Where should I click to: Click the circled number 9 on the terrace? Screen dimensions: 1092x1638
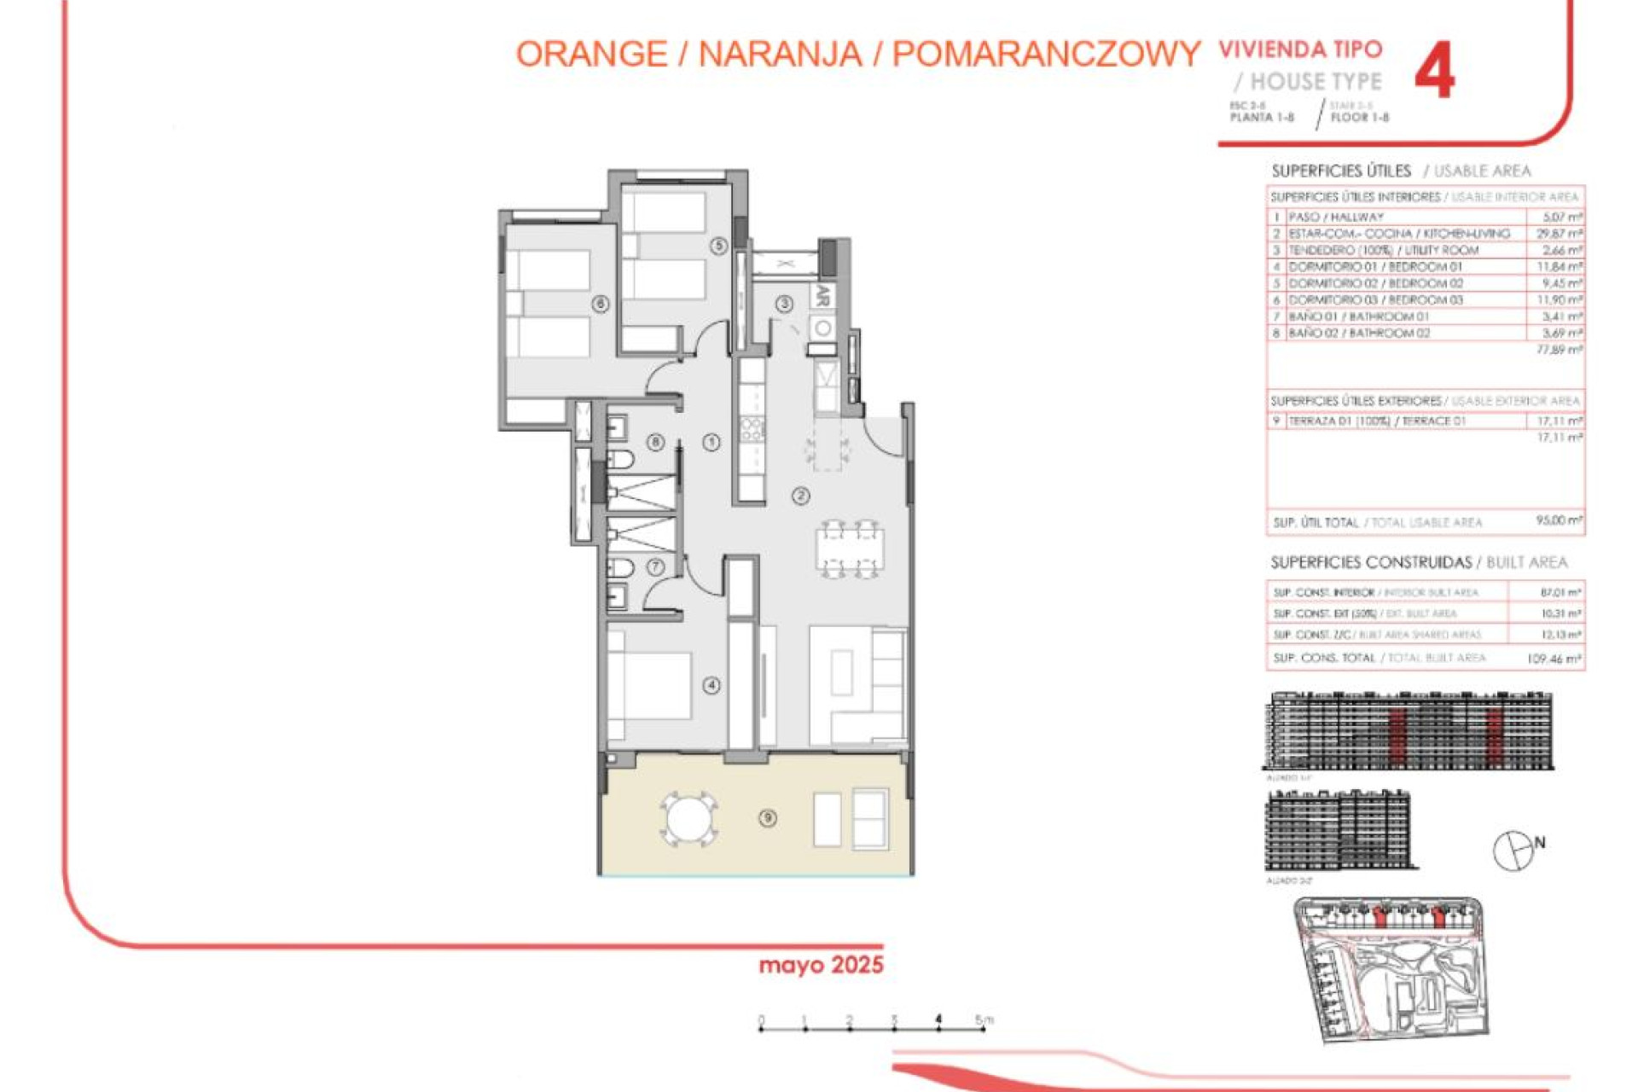pyautogui.click(x=768, y=818)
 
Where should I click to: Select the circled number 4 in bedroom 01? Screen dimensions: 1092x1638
pyautogui.click(x=712, y=685)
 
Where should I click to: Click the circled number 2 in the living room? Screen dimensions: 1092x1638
pyautogui.click(x=800, y=496)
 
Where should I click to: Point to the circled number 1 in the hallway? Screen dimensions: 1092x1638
pyautogui.click(x=712, y=442)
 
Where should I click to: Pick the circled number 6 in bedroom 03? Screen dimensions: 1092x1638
pyautogui.click(x=601, y=304)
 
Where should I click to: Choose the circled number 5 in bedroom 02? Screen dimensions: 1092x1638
pyautogui.click(x=718, y=246)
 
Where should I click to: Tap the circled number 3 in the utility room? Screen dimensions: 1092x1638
pyautogui.click(x=784, y=304)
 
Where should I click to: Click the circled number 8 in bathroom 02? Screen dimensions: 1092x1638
pyautogui.click(x=655, y=442)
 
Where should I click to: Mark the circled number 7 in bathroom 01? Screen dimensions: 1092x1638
pyautogui.click(x=655, y=566)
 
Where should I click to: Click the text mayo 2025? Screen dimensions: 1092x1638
pyautogui.click(x=821, y=965)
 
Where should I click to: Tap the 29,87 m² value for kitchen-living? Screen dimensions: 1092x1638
pyautogui.click(x=1560, y=234)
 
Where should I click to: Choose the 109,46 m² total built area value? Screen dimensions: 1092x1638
pyautogui.click(x=1554, y=659)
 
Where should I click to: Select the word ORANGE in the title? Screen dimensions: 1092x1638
pyautogui.click(x=591, y=55)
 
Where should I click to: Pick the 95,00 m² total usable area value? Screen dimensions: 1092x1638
pyautogui.click(x=1559, y=520)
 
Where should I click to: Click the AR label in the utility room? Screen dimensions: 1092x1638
pyautogui.click(x=822, y=296)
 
